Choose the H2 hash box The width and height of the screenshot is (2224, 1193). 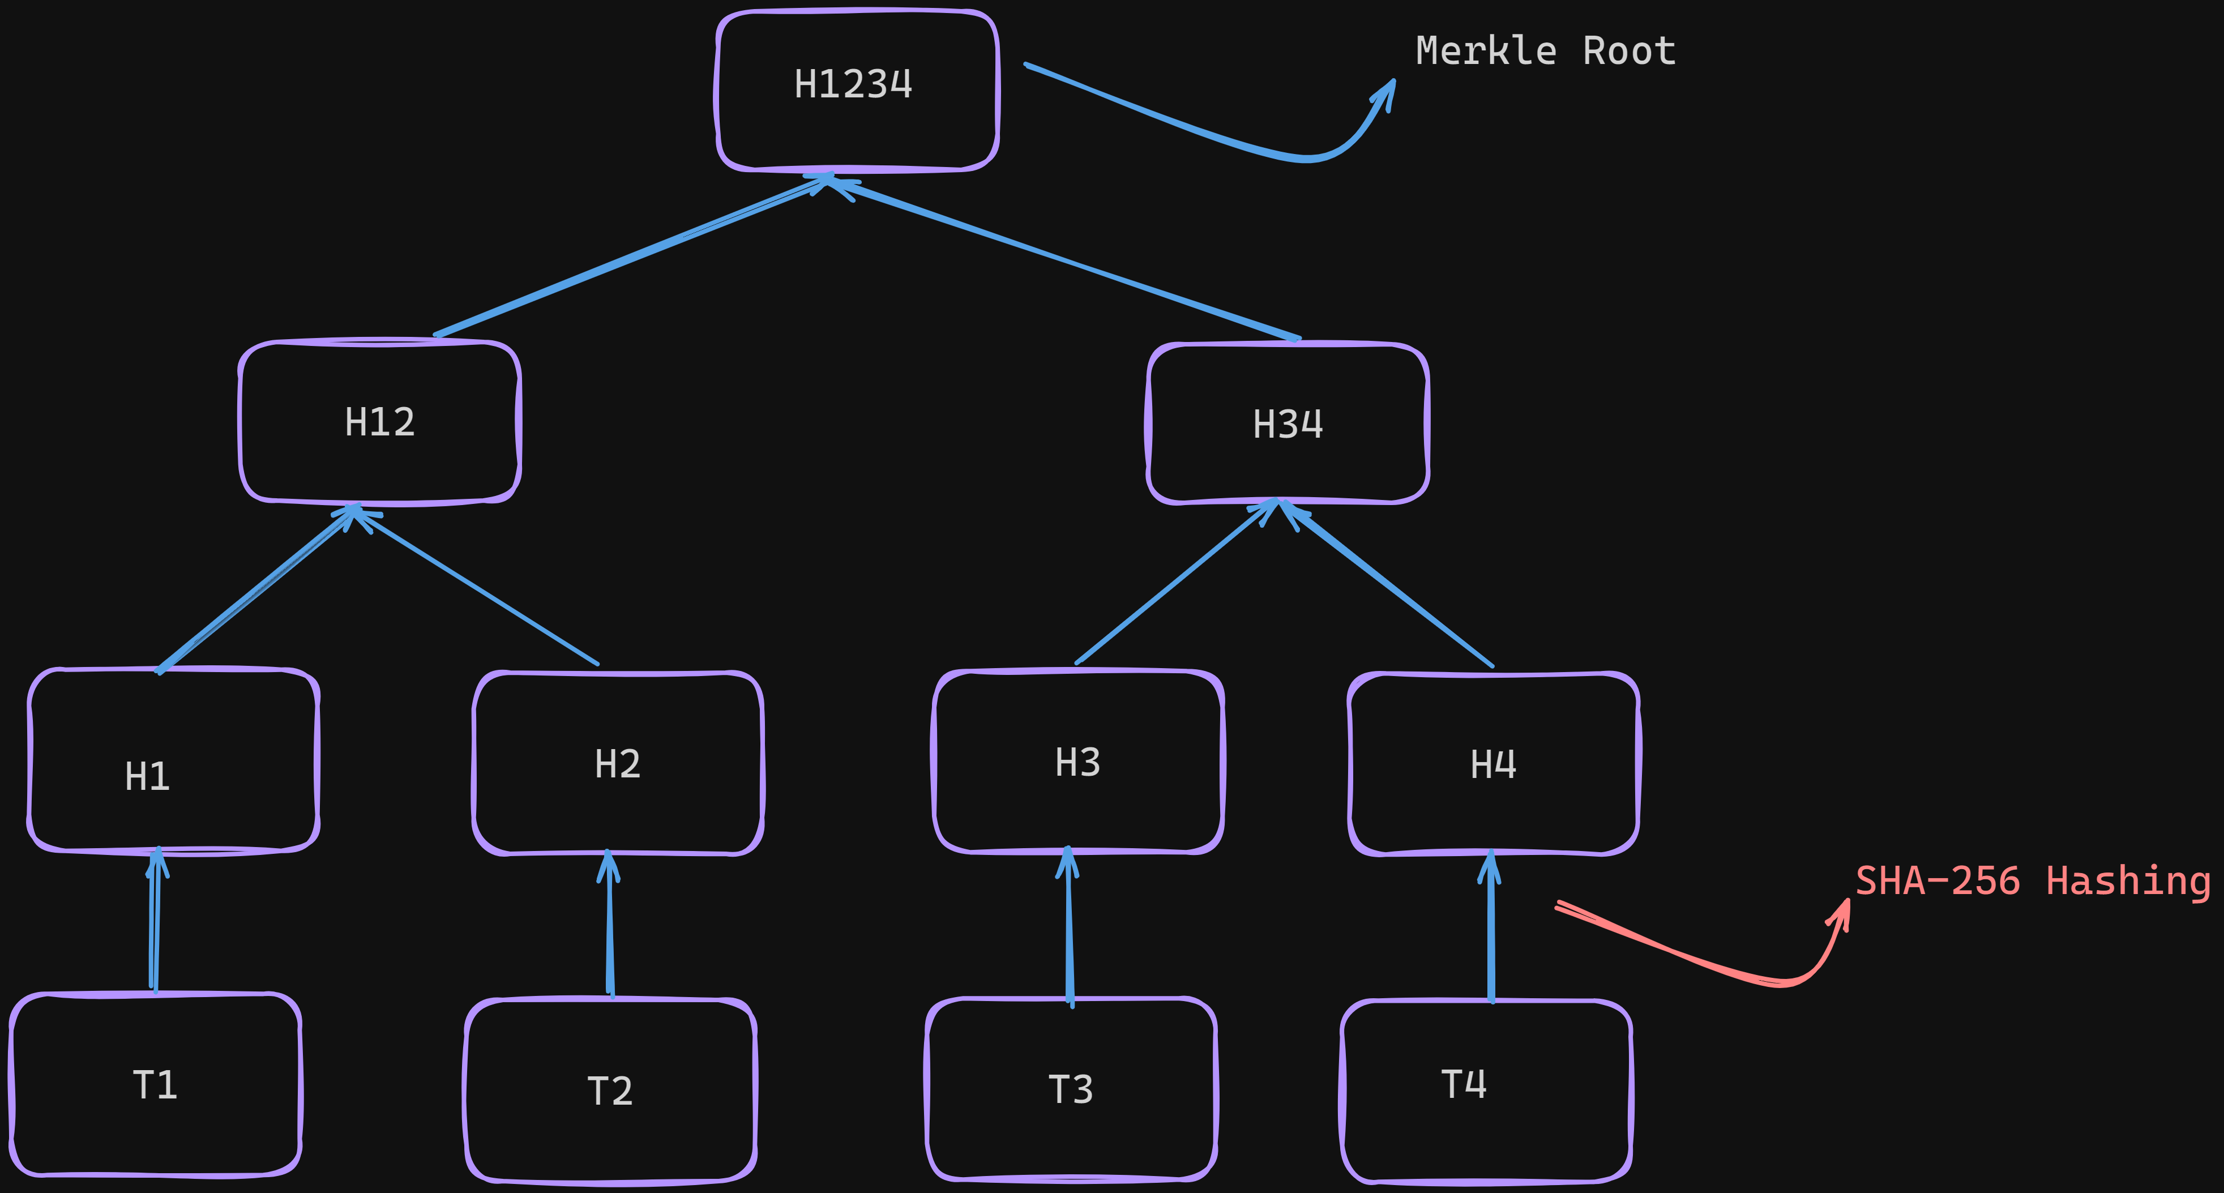click(x=617, y=764)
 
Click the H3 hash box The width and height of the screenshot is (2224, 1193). click(x=1077, y=762)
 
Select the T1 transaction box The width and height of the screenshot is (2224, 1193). click(x=155, y=1085)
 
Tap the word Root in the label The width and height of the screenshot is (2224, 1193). click(x=1628, y=51)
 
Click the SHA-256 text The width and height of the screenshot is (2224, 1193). click(x=1938, y=882)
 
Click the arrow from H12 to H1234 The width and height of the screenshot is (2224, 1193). click(x=630, y=257)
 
